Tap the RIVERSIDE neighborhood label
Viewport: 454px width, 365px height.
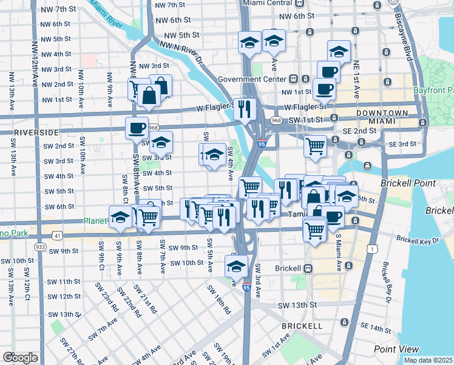click(30, 132)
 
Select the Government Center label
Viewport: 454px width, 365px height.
click(252, 79)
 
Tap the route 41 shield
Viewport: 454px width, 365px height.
click(56, 235)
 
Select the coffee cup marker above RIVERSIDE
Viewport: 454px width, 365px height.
click(137, 128)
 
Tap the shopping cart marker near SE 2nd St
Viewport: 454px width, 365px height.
click(315, 146)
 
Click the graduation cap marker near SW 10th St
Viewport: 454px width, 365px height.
click(236, 265)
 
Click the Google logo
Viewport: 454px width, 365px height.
click(19, 358)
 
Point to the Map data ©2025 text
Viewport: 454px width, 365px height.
click(428, 360)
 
